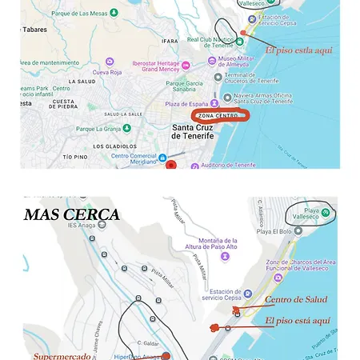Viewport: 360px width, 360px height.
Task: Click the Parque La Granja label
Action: click(x=98, y=128)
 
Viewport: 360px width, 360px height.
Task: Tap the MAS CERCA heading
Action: click(x=72, y=214)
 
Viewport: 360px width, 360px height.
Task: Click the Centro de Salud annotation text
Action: click(x=296, y=299)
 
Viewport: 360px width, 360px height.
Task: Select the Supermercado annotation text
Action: click(x=62, y=356)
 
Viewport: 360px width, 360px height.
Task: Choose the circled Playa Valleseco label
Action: click(x=311, y=214)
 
